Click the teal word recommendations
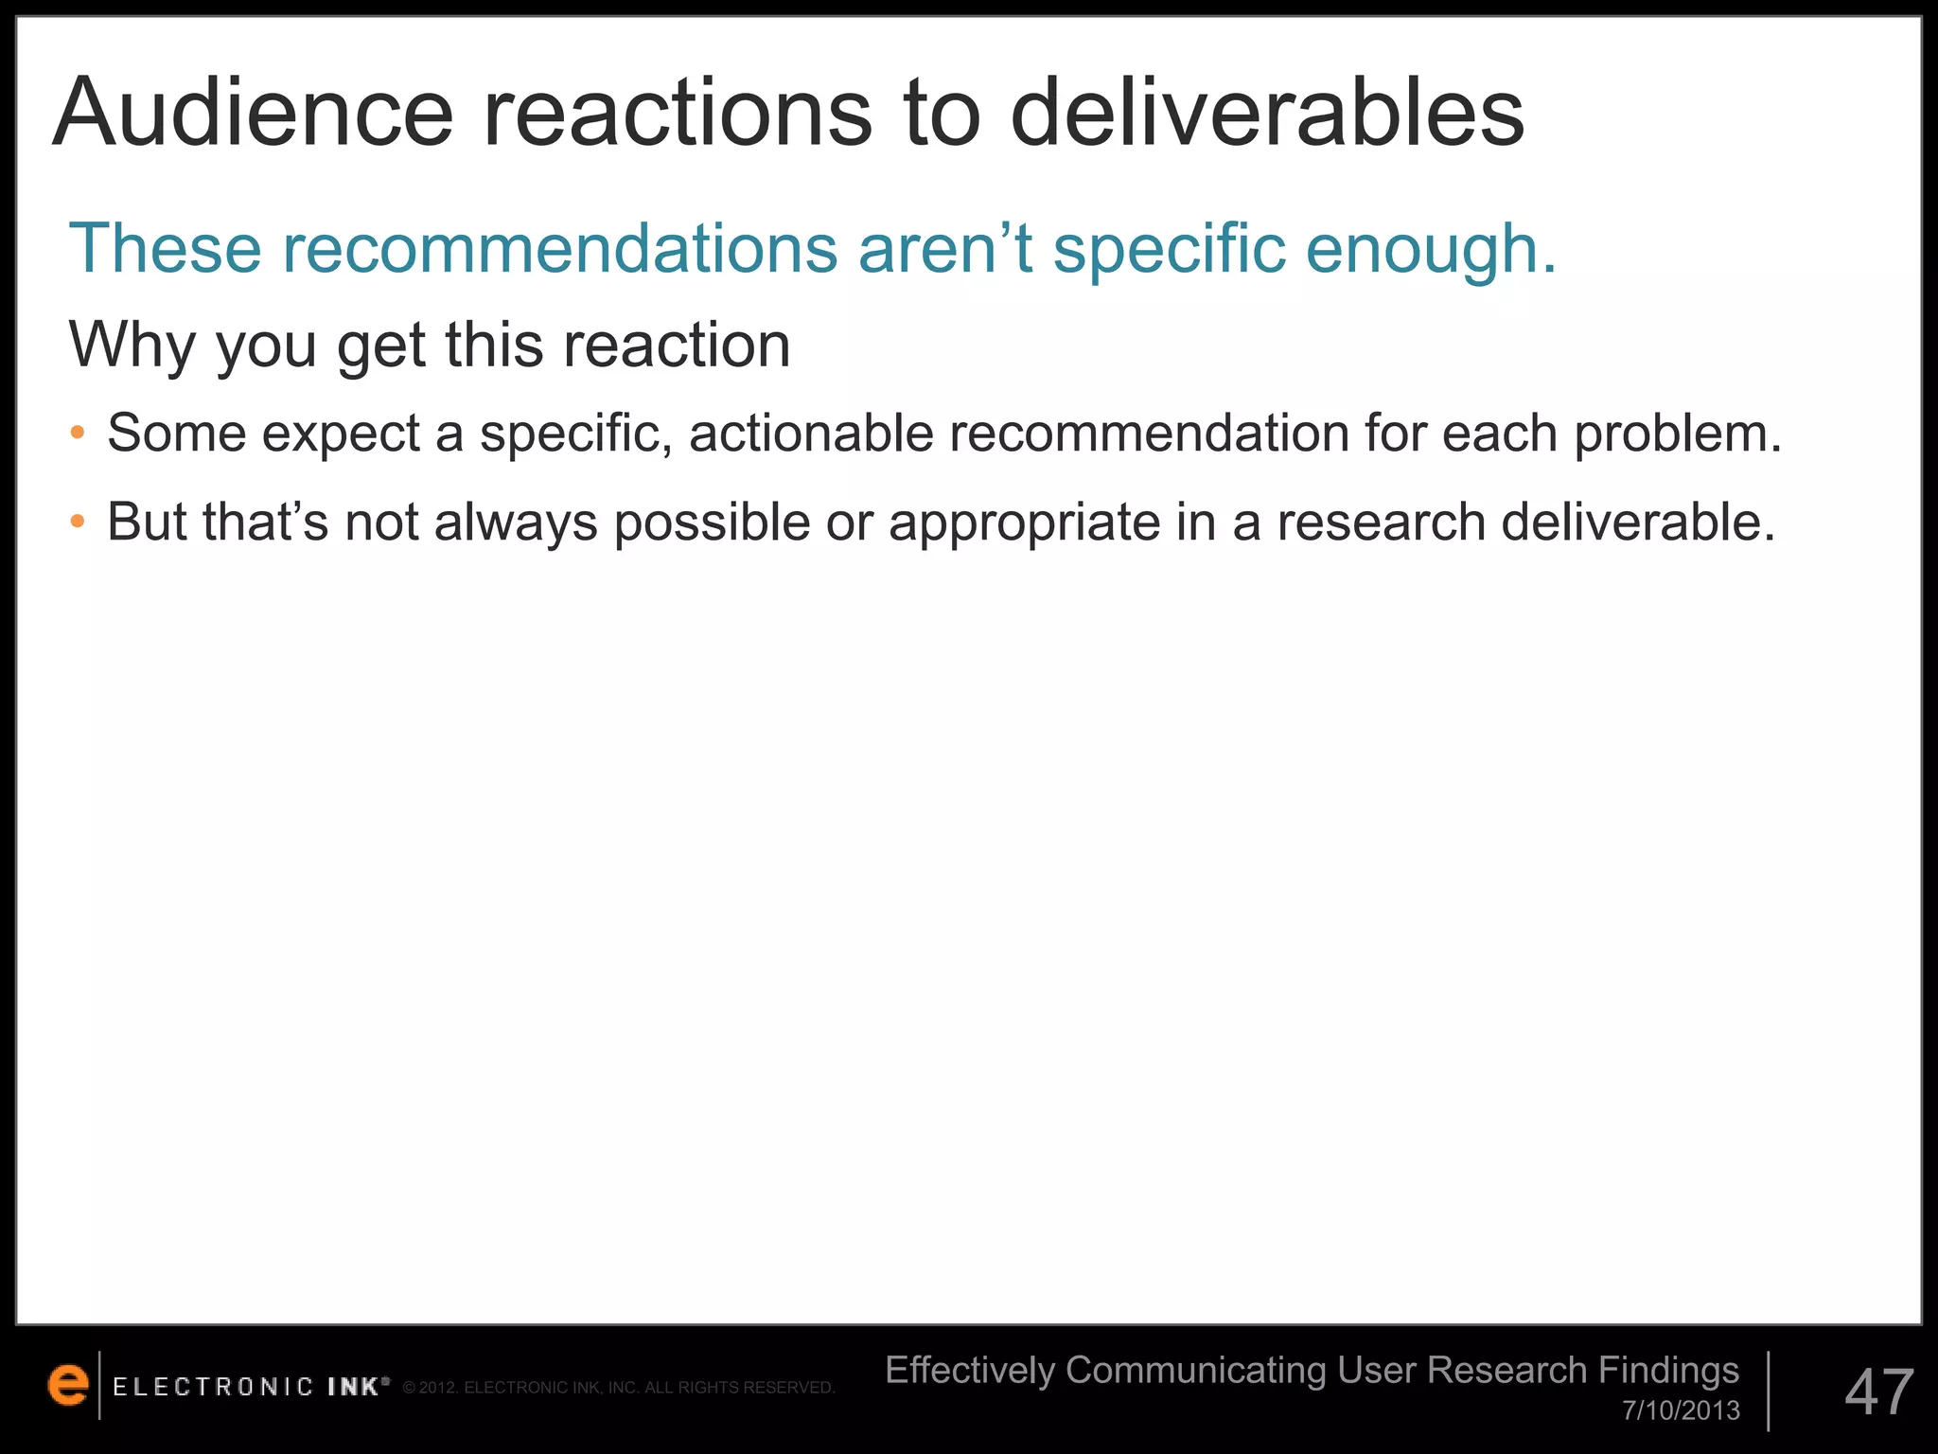click(x=559, y=249)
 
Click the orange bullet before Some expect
click(x=79, y=434)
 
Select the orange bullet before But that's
click(x=79, y=522)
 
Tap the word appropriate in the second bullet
click(x=1024, y=523)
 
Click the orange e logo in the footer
click(x=67, y=1385)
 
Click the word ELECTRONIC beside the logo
click(x=213, y=1388)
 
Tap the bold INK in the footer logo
click(x=355, y=1388)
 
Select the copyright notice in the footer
click(x=619, y=1389)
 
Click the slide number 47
click(x=1878, y=1392)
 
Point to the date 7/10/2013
click(x=1681, y=1410)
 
